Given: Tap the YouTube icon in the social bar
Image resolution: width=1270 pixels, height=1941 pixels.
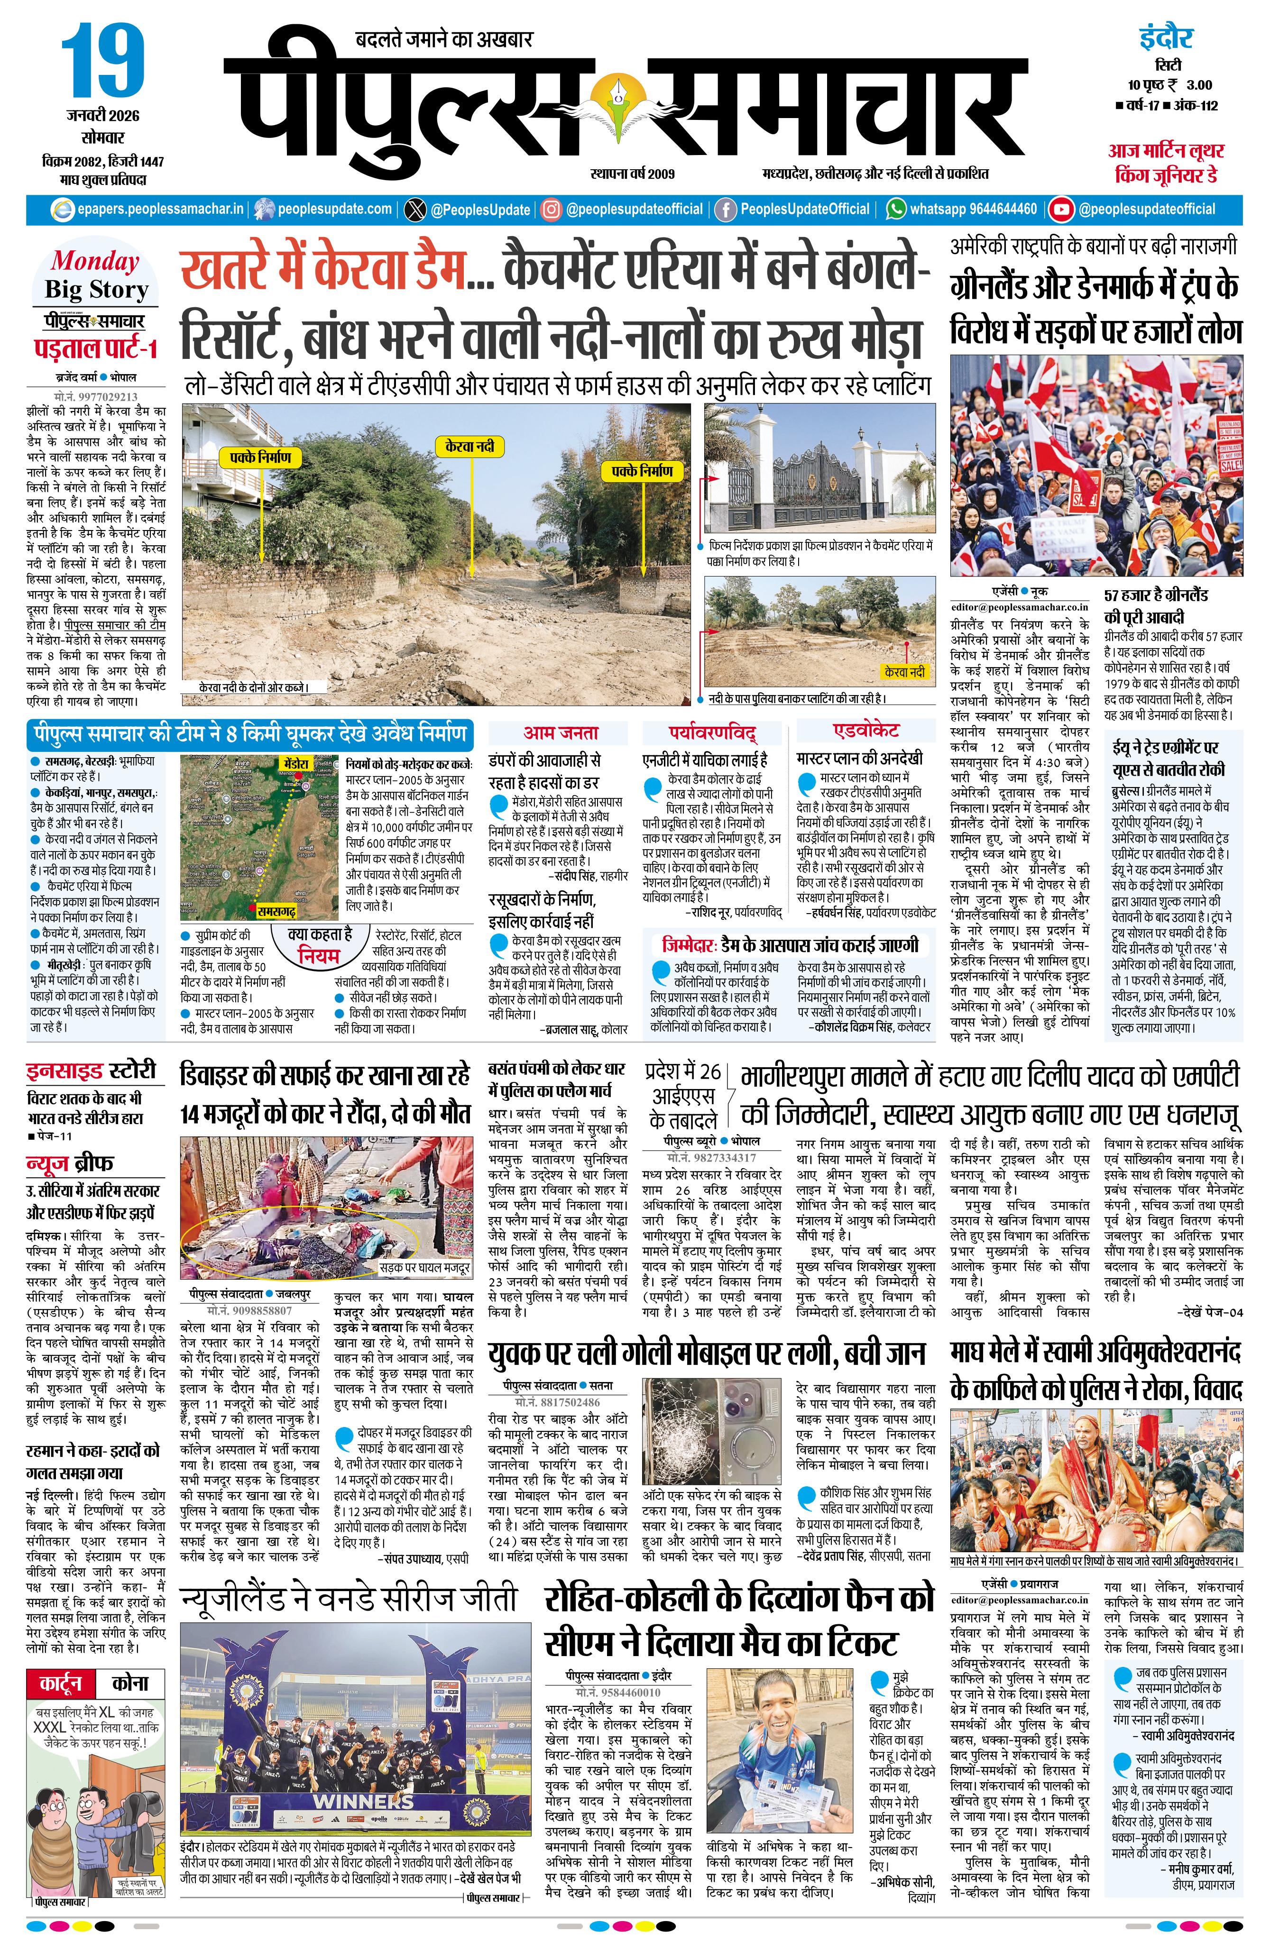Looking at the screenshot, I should coord(1060,210).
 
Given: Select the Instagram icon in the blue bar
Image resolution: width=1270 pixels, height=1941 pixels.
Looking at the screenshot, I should coord(552,210).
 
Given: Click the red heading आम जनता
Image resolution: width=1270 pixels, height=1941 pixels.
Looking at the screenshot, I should coord(561,732).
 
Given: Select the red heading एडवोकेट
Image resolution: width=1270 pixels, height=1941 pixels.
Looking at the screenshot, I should coord(866,731).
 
